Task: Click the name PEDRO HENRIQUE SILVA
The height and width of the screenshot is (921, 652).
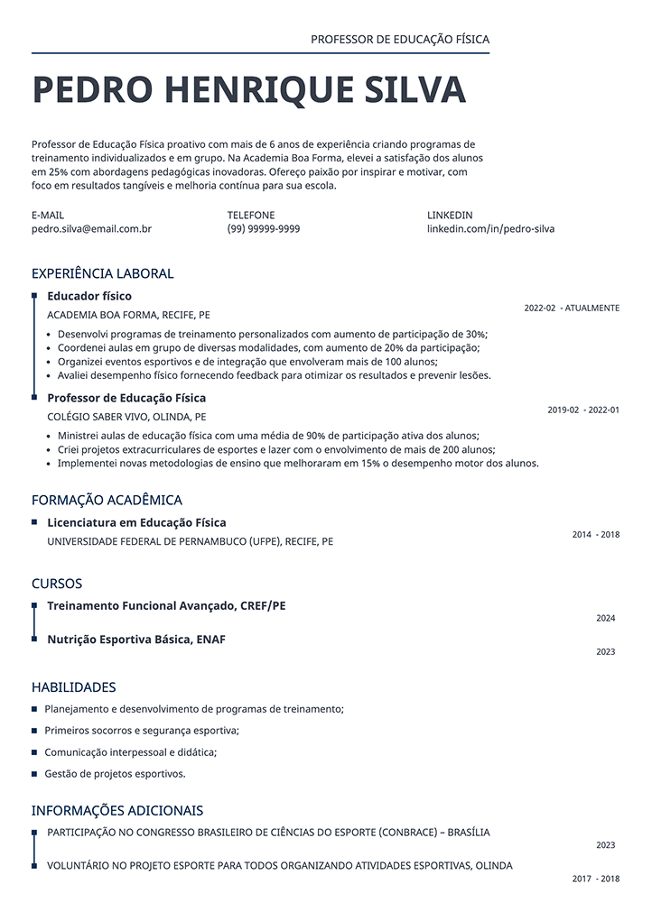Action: [x=248, y=90]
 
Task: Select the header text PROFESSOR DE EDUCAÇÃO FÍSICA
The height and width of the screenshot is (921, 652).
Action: [x=399, y=40]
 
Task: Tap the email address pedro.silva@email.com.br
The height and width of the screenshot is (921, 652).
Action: [x=91, y=229]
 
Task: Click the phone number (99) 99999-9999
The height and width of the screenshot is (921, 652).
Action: [x=264, y=229]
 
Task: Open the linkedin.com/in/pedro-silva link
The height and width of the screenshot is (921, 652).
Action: [x=490, y=229]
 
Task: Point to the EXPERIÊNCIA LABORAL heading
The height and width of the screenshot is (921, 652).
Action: [x=102, y=273]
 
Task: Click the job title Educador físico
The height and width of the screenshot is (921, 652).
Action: [x=89, y=296]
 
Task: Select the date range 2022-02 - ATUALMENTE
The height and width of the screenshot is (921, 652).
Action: [x=572, y=309]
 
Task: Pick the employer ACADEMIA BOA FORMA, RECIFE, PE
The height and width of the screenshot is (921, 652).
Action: [x=128, y=316]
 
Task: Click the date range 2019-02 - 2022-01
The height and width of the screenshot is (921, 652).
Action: [x=583, y=410]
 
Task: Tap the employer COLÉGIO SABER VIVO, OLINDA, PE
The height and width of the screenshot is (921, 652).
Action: [x=126, y=418]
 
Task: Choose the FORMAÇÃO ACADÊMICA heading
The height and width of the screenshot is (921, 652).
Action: [x=107, y=500]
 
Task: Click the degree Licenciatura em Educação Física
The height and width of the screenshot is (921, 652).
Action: [x=136, y=522]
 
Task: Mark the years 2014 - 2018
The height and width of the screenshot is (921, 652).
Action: [x=596, y=535]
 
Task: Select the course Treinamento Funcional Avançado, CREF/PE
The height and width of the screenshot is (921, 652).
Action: [x=166, y=605]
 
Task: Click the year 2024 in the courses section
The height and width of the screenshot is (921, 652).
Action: [x=605, y=619]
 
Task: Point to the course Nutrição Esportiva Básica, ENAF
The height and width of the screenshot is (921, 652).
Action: [x=136, y=640]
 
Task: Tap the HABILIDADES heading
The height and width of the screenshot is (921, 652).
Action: [x=74, y=687]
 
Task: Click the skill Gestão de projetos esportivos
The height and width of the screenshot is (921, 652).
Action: [x=115, y=774]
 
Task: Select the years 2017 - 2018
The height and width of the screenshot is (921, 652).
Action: [x=596, y=879]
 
